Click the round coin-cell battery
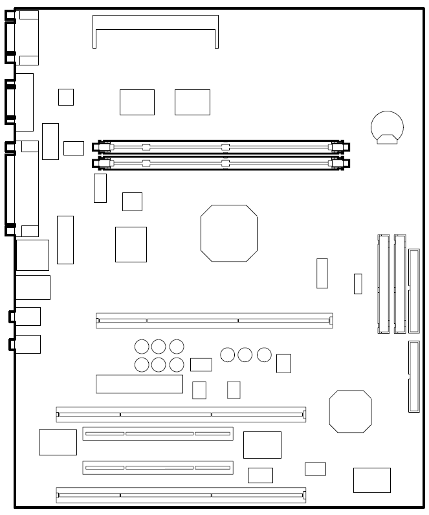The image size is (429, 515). pyautogui.click(x=386, y=125)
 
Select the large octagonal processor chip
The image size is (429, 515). pyautogui.click(x=228, y=233)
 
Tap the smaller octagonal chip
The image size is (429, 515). pyautogui.click(x=350, y=411)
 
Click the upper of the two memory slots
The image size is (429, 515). pyautogui.click(x=222, y=147)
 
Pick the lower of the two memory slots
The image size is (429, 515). pyautogui.click(x=222, y=163)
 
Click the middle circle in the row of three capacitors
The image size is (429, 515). pyautogui.click(x=245, y=354)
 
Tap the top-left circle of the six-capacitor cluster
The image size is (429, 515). pyautogui.click(x=142, y=347)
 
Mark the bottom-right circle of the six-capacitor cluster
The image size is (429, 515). pyautogui.click(x=177, y=365)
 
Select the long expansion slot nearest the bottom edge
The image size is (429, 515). pyautogui.click(x=181, y=496)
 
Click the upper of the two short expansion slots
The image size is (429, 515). pyautogui.click(x=157, y=433)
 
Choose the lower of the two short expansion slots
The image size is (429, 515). pyautogui.click(x=157, y=467)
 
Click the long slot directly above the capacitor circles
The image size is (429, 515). pyautogui.click(x=214, y=319)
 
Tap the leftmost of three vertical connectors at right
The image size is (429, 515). pyautogui.click(x=383, y=283)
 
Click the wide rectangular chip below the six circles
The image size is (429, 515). pyautogui.click(x=139, y=383)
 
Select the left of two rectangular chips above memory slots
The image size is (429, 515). pyautogui.click(x=137, y=102)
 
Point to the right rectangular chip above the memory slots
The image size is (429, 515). pyautogui.click(x=192, y=102)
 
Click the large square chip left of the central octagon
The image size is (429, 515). pyautogui.click(x=131, y=244)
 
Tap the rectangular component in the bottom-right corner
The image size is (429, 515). pyautogui.click(x=371, y=480)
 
